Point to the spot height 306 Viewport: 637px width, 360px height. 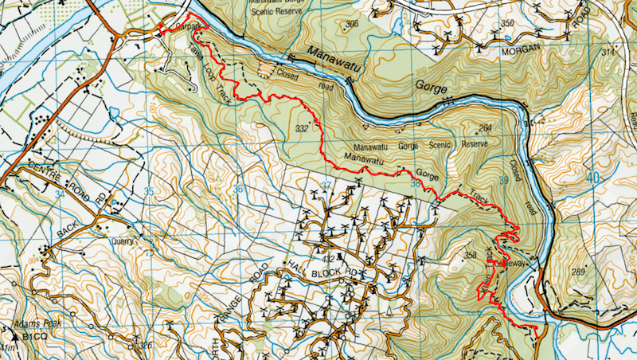coord(352,25)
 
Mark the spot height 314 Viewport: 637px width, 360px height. coord(609,53)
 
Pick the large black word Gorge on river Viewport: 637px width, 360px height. coord(432,82)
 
